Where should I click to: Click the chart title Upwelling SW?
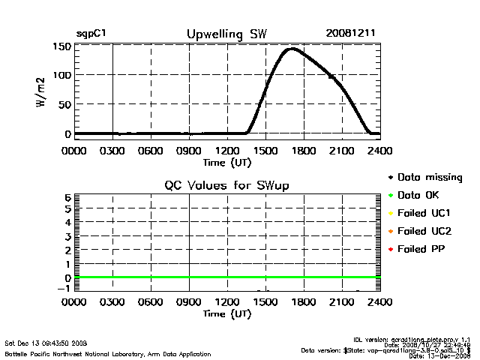226,34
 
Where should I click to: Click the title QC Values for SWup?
226,184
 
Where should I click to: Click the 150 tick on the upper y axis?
62,46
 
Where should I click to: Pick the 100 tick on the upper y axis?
62,76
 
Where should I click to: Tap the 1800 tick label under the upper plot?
304,150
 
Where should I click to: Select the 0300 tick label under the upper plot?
112,150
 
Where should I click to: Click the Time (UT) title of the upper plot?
226,161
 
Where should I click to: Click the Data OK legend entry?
421,195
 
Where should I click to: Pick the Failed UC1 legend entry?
425,213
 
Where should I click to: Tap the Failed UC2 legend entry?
425,230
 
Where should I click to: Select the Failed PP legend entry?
422,248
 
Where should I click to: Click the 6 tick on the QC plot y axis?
67,197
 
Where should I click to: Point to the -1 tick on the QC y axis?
64,289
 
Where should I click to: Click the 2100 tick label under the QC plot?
342,302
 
